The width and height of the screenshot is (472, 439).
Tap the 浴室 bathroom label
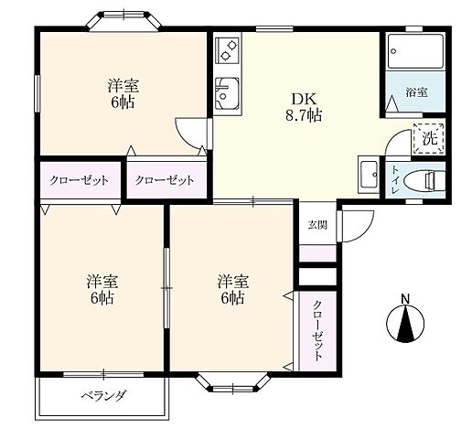[x=416, y=92]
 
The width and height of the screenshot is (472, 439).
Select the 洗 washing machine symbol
[x=428, y=138]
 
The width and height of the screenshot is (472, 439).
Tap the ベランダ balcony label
[x=102, y=396]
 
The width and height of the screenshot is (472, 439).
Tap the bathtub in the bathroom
[x=413, y=51]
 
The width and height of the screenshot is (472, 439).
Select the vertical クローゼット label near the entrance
[x=316, y=331]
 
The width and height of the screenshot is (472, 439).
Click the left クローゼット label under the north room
[x=80, y=180]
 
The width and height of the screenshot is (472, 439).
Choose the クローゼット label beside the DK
[x=166, y=180]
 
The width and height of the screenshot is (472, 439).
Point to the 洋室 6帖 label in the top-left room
[x=123, y=94]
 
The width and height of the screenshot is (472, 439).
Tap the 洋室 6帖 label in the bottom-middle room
[x=231, y=288]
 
